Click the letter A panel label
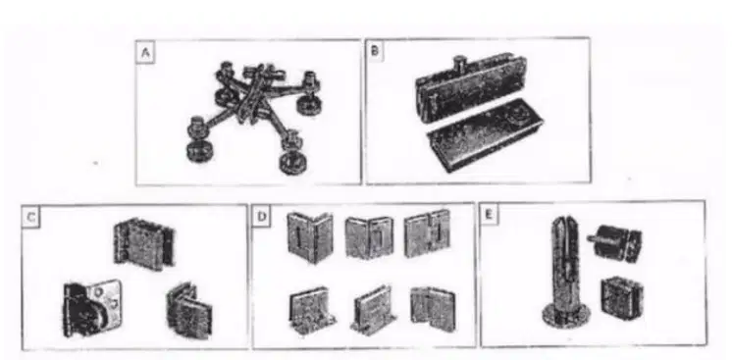[x=145, y=53]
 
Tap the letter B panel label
[x=374, y=51]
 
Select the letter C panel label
[x=30, y=218]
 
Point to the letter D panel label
[x=261, y=216]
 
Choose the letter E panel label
[x=489, y=215]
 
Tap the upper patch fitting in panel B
[x=472, y=88]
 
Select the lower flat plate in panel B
[x=483, y=135]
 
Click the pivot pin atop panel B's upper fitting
[x=460, y=63]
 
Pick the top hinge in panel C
[x=144, y=242]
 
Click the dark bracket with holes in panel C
[x=91, y=307]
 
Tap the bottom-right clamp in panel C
[x=188, y=310]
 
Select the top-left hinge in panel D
[x=309, y=237]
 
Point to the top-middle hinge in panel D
[x=369, y=237]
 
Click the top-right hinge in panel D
[x=427, y=233]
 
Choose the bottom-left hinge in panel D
[x=312, y=311]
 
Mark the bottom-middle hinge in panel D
[x=374, y=310]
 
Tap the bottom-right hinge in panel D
[x=433, y=310]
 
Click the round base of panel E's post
[x=566, y=314]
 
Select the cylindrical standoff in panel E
[x=614, y=243]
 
